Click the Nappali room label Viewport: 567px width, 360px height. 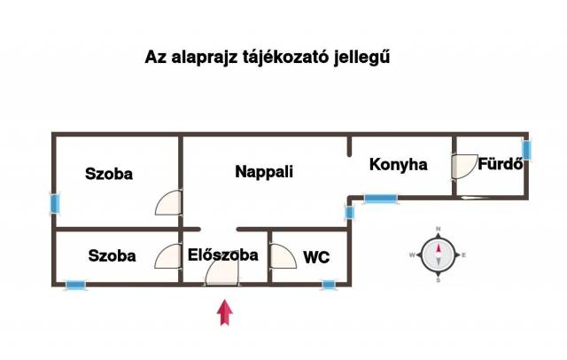pyautogui.click(x=264, y=171)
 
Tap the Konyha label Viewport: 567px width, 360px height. pyautogui.click(x=398, y=165)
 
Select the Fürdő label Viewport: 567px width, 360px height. pyautogui.click(x=501, y=164)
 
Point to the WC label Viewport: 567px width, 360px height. pyautogui.click(x=316, y=257)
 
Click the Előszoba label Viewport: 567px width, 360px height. pyautogui.click(x=222, y=254)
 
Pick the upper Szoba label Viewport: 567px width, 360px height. pyautogui.click(x=109, y=174)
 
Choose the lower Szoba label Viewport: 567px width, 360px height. pyautogui.click(x=113, y=255)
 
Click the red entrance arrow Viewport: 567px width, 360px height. pyautogui.click(x=224, y=312)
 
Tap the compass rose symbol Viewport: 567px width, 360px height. pyautogui.click(x=439, y=255)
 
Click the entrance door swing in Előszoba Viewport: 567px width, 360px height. pyautogui.click(x=222, y=273)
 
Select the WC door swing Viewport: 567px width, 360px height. pyautogui.click(x=283, y=256)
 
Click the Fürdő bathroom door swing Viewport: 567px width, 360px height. pyautogui.click(x=464, y=167)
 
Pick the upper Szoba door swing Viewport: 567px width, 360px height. pyautogui.click(x=168, y=203)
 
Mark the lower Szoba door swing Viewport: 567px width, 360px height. pyautogui.click(x=168, y=256)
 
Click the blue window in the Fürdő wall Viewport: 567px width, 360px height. pyautogui.click(x=526, y=150)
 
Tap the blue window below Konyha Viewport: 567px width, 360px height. pyautogui.click(x=380, y=199)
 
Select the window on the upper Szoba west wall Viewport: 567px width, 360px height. pyautogui.click(x=55, y=204)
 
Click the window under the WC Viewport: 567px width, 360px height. pyautogui.click(x=329, y=286)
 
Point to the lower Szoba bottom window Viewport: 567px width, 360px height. pyautogui.click(x=76, y=286)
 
